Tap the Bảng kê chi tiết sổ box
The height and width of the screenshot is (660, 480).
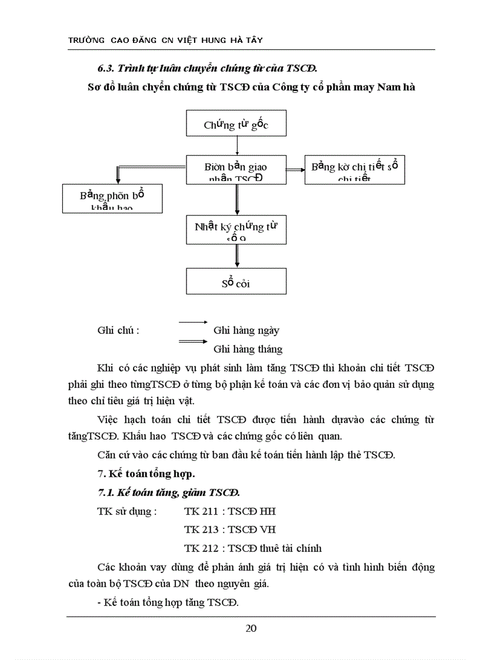coord(354,170)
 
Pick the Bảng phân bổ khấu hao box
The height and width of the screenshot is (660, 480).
coord(112,199)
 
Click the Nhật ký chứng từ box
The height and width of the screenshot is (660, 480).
coord(236,229)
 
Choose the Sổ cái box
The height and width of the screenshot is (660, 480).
coord(236,282)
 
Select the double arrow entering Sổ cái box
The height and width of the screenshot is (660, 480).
coord(236,256)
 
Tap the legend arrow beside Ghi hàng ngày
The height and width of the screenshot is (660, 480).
coord(194,322)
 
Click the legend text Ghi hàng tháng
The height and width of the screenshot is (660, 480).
coord(248,349)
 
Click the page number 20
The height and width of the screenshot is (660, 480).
coord(251,628)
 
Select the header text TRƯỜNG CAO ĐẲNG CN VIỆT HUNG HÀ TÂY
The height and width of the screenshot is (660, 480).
coord(165,40)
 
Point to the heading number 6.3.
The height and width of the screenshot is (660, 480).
coord(105,68)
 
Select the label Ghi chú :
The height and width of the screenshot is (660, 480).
coord(118,330)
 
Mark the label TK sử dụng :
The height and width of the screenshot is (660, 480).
coord(126,511)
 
